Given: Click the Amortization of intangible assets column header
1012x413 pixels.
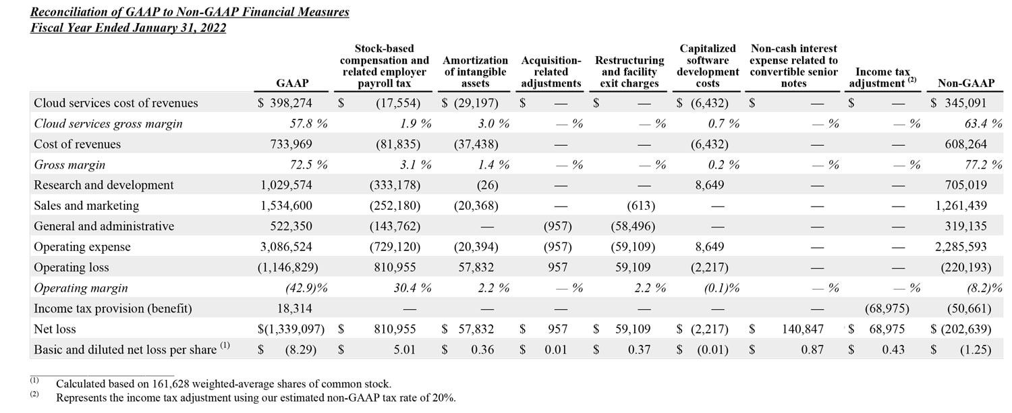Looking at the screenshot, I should coord(475,72).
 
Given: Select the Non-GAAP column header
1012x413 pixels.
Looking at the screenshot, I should coord(965,84).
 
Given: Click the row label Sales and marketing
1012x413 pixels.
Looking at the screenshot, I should coord(86,206).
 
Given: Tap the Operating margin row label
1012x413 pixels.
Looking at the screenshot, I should coord(80,288).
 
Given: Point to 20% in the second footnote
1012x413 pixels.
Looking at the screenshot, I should coord(441,397).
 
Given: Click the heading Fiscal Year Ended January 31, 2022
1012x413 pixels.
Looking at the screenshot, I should coord(128,28).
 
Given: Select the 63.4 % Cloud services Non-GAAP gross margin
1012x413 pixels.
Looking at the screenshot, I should coord(980,123).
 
